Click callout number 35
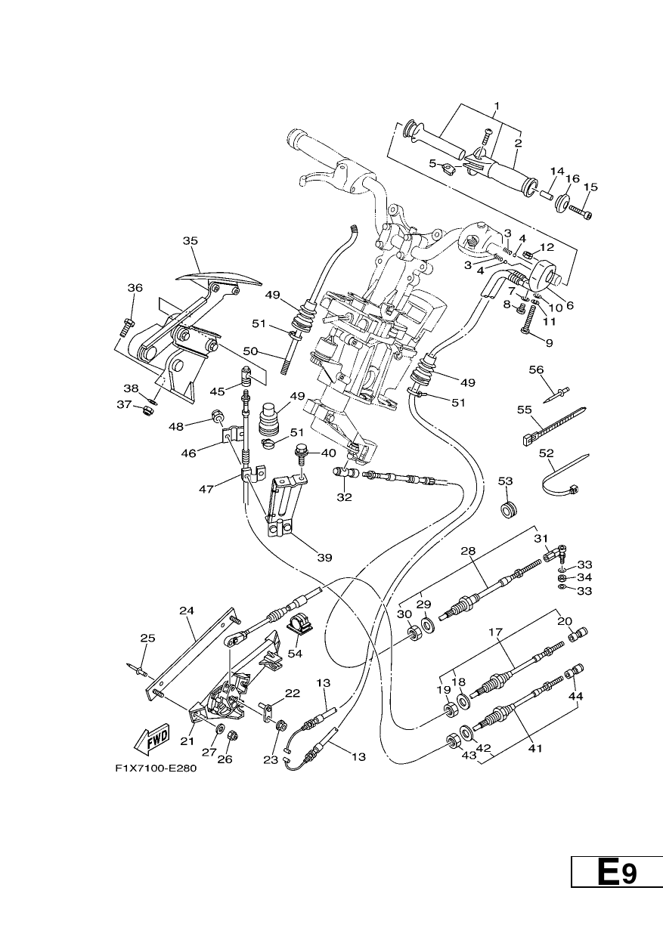(x=190, y=240)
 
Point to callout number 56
(x=536, y=370)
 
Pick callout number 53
(x=505, y=481)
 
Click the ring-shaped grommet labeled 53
(x=509, y=510)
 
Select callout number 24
(x=187, y=611)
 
